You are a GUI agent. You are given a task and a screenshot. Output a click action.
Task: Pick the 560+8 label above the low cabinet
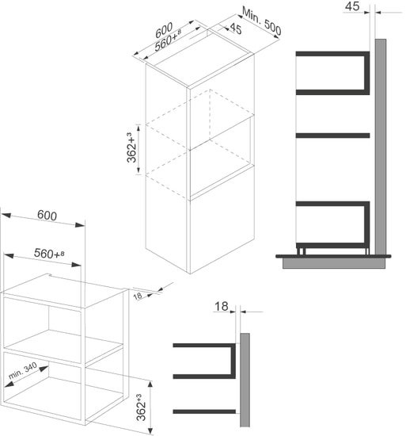(x=48, y=254)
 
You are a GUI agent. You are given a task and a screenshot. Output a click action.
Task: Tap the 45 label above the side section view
(x=354, y=7)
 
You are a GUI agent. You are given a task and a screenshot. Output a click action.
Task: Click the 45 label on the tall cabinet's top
(x=235, y=30)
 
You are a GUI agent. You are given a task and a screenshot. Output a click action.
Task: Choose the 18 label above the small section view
(x=223, y=304)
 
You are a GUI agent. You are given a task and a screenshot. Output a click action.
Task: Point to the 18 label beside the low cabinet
(x=139, y=296)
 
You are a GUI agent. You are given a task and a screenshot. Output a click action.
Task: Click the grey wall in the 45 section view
(x=380, y=143)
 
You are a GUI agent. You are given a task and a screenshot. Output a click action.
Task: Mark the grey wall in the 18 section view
(x=245, y=381)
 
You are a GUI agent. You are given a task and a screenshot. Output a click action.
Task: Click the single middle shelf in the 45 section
(x=332, y=136)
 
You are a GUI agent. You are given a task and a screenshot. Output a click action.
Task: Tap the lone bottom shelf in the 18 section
(x=204, y=411)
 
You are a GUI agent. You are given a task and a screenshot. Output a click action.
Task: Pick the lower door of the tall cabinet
(x=220, y=230)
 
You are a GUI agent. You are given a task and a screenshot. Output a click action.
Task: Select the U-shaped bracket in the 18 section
(x=206, y=362)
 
